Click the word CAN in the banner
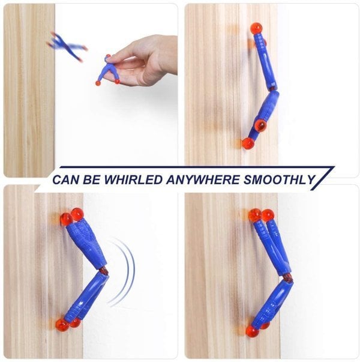(67, 179)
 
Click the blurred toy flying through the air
(66, 45)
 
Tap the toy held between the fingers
(108, 71)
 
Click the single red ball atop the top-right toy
(256, 28)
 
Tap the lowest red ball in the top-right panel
(248, 143)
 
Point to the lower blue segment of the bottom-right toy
(273, 303)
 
